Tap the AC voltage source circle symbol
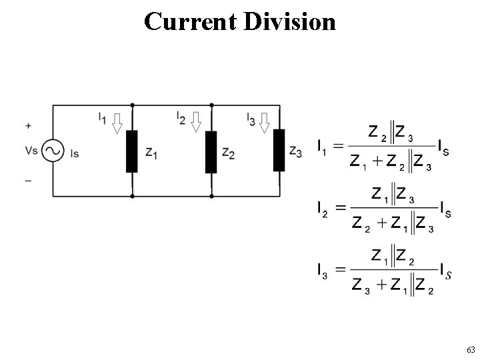point(53,151)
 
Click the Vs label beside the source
point(31,151)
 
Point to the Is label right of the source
point(75,153)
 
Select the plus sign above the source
point(28,125)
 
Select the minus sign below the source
point(28,179)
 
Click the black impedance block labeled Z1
point(132,151)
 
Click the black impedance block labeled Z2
point(211,151)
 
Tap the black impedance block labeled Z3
point(279,150)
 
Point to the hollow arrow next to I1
point(117,122)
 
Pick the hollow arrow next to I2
point(196,122)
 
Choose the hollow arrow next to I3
point(265,122)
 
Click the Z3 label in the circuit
point(296,151)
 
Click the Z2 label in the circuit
point(228,153)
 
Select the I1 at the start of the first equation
point(321,144)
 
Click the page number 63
point(470,350)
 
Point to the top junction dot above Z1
point(132,105)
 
